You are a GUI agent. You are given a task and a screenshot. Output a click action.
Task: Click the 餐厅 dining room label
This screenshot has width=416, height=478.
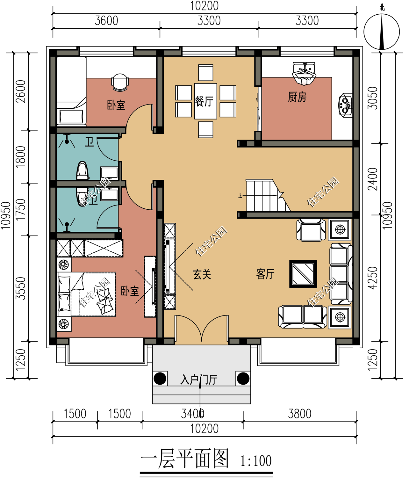pyautogui.click(x=204, y=102)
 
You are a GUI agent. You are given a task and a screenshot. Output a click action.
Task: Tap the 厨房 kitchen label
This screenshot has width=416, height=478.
pyautogui.click(x=297, y=97)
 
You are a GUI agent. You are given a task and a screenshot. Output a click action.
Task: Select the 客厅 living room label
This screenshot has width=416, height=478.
pyautogui.click(x=265, y=274)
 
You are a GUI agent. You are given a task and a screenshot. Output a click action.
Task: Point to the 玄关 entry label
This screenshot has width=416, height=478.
pyautogui.click(x=202, y=274)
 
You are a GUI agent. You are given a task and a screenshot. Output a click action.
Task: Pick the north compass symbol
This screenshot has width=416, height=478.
pyautogui.click(x=382, y=32)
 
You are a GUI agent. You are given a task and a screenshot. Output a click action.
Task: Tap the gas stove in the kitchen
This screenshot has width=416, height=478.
pyautogui.click(x=345, y=105)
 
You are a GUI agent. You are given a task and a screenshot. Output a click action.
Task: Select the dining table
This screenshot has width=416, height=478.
pyautogui.click(x=206, y=101)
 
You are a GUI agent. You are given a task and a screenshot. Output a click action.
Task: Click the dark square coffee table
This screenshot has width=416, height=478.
pyautogui.click(x=303, y=274)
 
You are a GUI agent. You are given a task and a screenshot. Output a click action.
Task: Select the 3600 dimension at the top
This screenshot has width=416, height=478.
pyautogui.click(x=106, y=21)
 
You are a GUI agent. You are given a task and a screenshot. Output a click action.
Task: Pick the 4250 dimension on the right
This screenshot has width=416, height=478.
pyautogui.click(x=373, y=278)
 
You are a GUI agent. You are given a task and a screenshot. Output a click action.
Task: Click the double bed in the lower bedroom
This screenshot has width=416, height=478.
pyautogui.click(x=87, y=294)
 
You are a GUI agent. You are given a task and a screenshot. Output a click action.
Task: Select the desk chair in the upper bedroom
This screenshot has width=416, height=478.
pyautogui.click(x=120, y=82)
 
